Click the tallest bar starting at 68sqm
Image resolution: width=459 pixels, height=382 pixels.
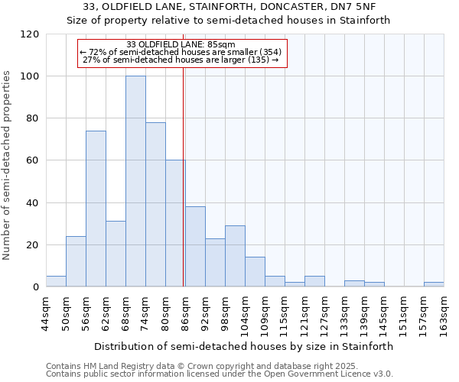[135, 181]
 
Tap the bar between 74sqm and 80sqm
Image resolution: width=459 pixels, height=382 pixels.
[155, 204]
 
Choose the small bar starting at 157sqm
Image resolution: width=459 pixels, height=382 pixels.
[434, 284]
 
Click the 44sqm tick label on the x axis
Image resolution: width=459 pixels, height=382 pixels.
[46, 313]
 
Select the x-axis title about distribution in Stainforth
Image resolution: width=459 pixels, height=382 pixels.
[244, 346]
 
